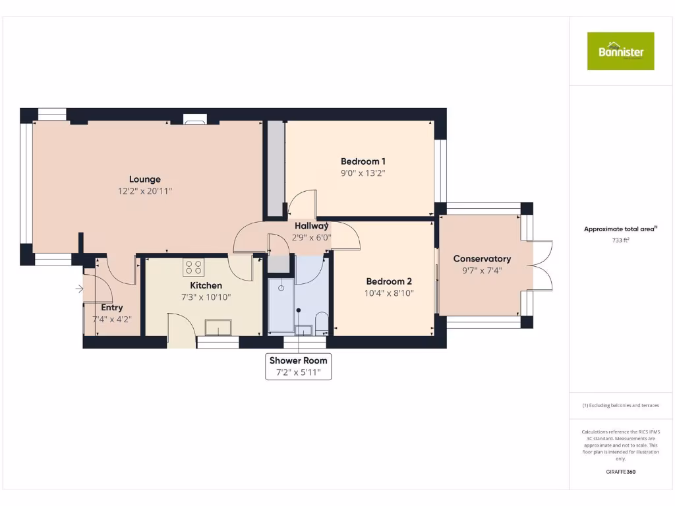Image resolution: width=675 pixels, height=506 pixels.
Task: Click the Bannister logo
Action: pos(620,51)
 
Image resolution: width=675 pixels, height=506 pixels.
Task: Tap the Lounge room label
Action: pos(144,179)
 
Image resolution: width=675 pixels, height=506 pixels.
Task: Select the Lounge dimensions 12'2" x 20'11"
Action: pos(144,191)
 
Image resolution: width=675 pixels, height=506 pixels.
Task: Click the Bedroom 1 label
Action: pos(363,161)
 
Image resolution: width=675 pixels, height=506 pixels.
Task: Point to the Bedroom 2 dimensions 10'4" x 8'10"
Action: pos(389,293)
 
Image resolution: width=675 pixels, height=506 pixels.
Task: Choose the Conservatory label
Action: pos(482,258)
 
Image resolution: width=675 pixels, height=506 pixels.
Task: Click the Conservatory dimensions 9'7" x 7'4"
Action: pos(482,270)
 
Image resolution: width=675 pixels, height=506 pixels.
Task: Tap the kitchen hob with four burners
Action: pos(194,267)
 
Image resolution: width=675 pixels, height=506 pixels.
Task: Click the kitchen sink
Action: pos(218,327)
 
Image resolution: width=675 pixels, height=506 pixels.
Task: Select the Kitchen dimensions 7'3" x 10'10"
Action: pos(206,297)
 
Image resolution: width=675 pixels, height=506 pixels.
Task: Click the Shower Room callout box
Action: pos(298,366)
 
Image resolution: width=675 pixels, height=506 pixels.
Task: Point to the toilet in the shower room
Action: pos(320,325)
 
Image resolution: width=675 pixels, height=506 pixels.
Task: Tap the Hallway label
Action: pos(311,226)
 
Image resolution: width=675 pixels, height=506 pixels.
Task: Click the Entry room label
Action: pos(111,307)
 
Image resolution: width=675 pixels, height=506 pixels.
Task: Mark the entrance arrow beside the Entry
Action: pos(79,289)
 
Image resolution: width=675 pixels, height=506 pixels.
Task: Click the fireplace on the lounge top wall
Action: pos(194,119)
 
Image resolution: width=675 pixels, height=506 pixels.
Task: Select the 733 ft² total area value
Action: pos(620,240)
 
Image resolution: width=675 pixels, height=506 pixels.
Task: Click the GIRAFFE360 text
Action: pos(620,472)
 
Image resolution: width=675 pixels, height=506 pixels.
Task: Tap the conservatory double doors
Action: pos(542,266)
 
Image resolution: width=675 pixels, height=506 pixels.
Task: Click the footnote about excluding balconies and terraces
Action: pos(620,405)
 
